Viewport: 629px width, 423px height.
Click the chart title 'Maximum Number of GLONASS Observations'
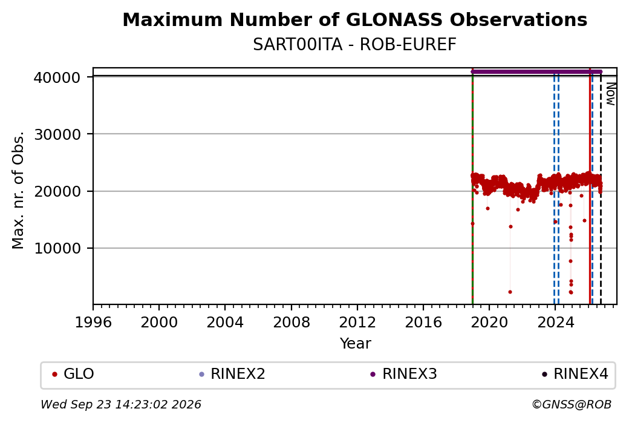(354, 19)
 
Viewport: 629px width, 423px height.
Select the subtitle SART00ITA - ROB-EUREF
(354, 45)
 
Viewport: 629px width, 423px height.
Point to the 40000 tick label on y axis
(57, 77)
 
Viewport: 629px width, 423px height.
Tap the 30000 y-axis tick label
(57, 134)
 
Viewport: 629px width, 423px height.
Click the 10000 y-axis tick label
(57, 249)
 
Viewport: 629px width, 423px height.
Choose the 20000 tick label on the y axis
(57, 191)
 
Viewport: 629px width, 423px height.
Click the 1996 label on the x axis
(93, 323)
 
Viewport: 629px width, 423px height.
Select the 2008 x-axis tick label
(292, 323)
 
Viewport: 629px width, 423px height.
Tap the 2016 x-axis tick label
(423, 323)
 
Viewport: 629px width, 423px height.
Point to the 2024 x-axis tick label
(555, 323)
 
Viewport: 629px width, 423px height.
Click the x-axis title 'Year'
(356, 344)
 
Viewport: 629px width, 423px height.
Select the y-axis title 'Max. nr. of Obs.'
(18, 189)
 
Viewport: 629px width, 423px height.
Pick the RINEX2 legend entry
(232, 374)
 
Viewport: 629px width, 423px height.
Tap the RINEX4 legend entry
(575, 374)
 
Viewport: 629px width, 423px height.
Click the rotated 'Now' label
(610, 94)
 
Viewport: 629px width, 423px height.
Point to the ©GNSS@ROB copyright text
(572, 404)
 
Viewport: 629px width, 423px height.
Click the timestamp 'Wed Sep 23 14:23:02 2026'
(121, 404)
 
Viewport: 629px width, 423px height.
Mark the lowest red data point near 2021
(510, 292)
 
